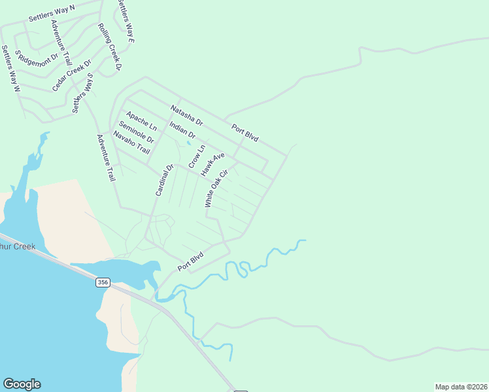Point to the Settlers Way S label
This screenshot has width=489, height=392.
(x=84, y=93)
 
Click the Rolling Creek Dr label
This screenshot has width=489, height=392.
(x=110, y=46)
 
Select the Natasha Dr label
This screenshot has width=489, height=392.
(x=187, y=116)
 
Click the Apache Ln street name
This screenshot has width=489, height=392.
(x=142, y=120)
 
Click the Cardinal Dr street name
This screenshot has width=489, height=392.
(x=164, y=180)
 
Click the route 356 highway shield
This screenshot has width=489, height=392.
(x=102, y=282)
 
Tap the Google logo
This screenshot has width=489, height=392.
(x=22, y=384)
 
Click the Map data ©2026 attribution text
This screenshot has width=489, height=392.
(x=461, y=387)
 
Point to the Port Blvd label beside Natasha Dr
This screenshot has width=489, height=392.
(x=244, y=132)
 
